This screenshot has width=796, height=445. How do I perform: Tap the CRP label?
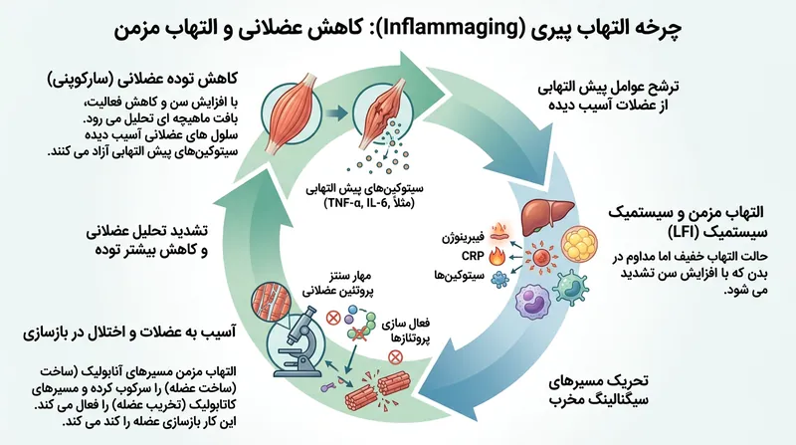[x=473, y=256]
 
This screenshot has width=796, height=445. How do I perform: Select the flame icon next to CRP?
[x=495, y=256]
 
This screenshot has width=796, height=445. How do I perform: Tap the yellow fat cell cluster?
[x=580, y=246]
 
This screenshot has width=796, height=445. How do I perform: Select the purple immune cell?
[x=532, y=304]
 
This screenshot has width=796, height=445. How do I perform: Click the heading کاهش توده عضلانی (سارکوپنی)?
[x=142, y=80]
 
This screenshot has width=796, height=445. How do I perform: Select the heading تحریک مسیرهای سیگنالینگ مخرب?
[x=599, y=389]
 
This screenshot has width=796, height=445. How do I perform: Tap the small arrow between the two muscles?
[x=335, y=113]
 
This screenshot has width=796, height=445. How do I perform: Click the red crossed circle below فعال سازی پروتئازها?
[x=395, y=357]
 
